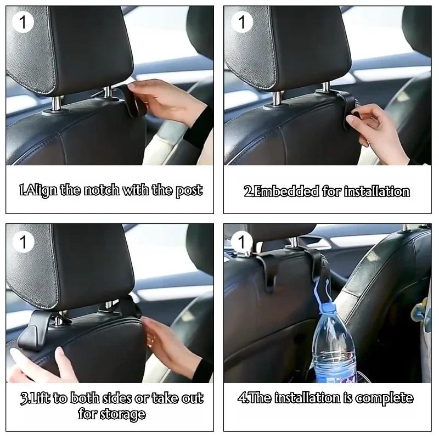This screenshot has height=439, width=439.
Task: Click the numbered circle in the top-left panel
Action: click(x=23, y=23)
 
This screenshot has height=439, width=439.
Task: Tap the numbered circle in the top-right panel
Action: click(x=241, y=23)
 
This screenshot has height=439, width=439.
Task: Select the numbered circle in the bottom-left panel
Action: click(x=23, y=241)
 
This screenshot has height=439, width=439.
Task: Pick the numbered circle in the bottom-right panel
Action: click(x=241, y=241)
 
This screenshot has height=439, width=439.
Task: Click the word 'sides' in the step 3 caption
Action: click(x=122, y=398)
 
